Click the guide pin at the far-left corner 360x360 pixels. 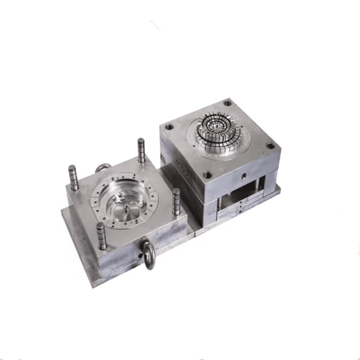[x=73, y=177]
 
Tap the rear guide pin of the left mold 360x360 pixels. [x=141, y=150]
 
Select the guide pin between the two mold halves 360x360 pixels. [x=176, y=201]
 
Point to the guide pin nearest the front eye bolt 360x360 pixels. [x=101, y=235]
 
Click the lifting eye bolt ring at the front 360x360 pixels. [x=148, y=254]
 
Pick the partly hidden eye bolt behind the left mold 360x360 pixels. [x=103, y=168]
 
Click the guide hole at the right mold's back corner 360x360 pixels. [x=228, y=103]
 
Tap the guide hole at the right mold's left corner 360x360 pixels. [x=169, y=127]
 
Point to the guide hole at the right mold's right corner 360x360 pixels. [x=270, y=146]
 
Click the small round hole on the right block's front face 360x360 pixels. [x=244, y=173]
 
